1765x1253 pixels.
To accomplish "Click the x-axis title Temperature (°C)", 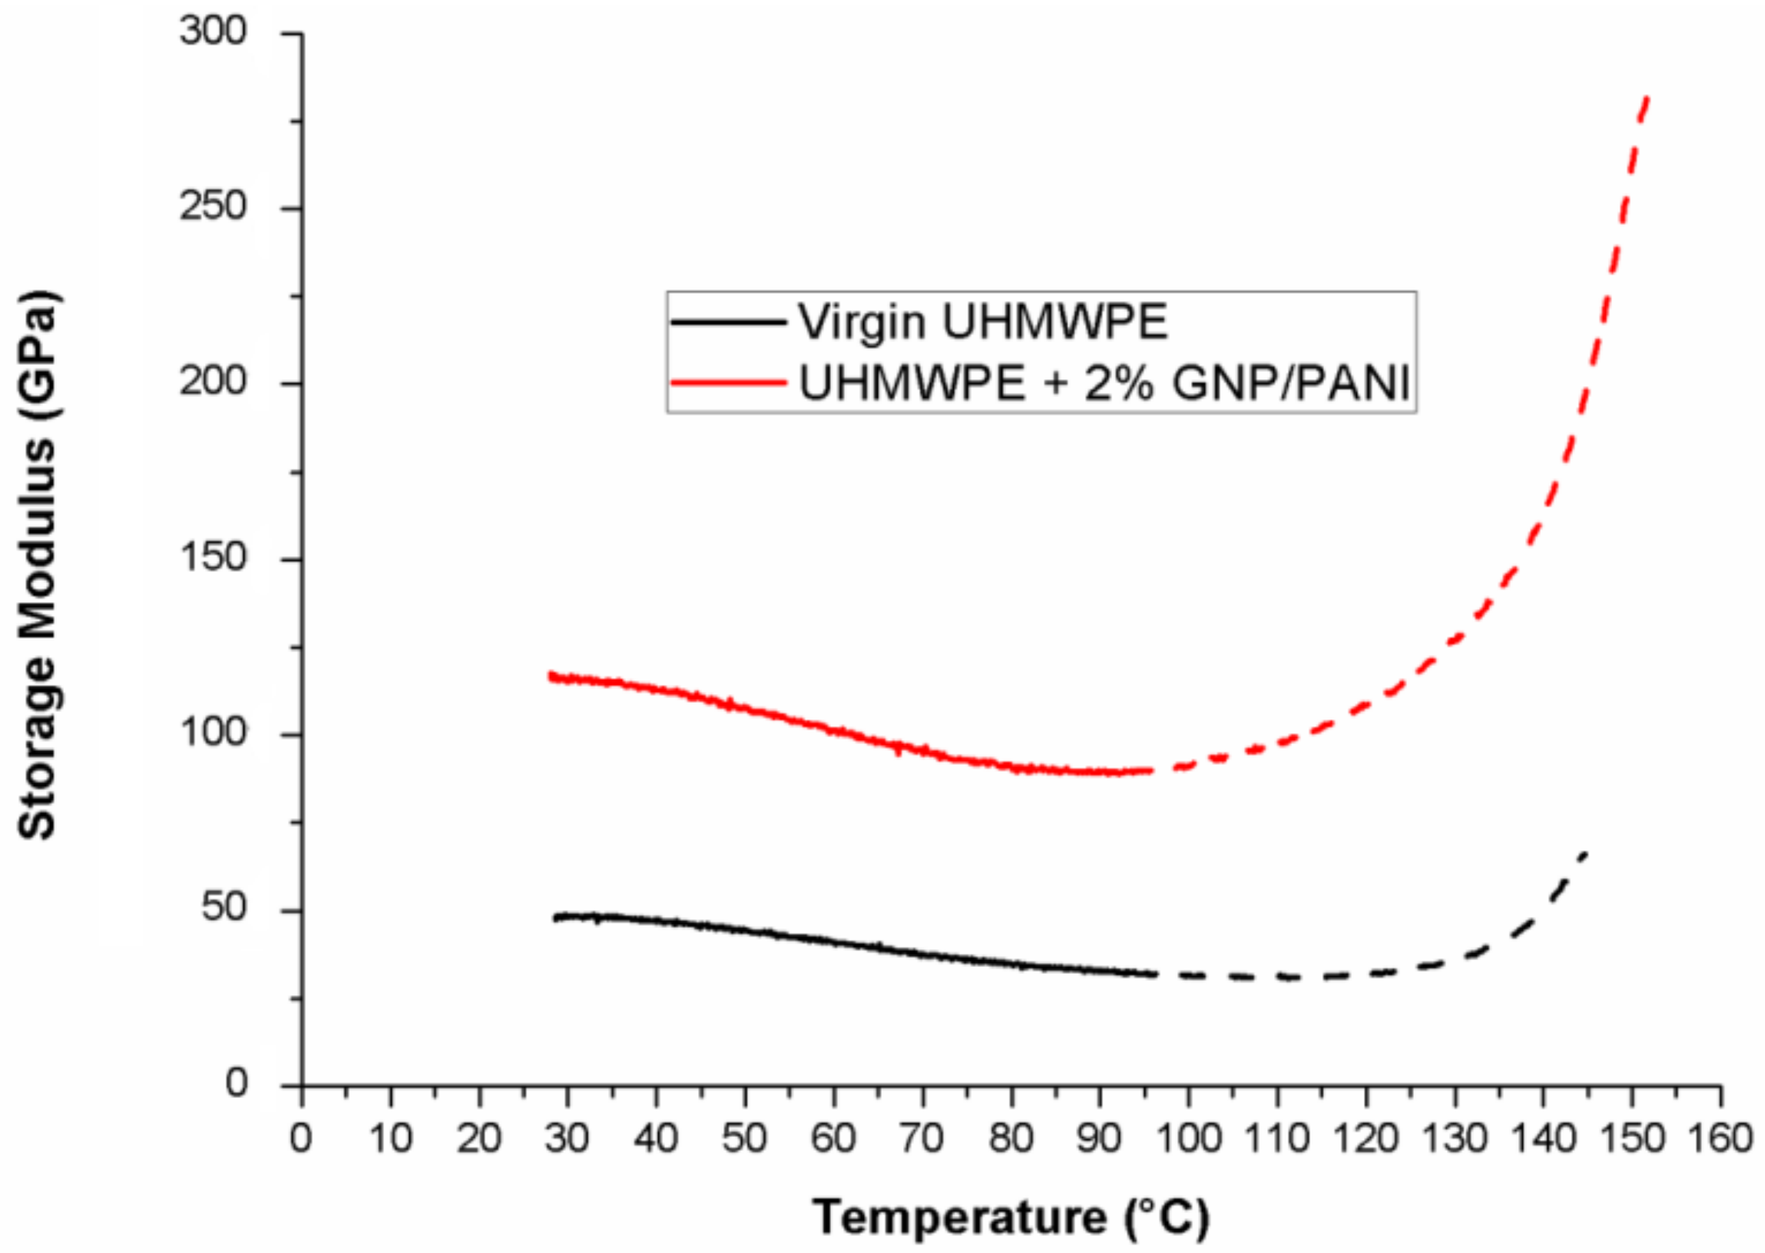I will [x=1011, y=1217].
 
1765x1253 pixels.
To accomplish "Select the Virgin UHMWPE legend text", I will [x=983, y=322].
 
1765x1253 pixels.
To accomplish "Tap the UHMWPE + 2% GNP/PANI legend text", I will [x=1105, y=382].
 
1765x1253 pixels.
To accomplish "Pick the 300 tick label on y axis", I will [x=213, y=32].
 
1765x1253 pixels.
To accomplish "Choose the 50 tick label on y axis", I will [x=224, y=908].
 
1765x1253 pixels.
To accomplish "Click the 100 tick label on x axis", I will [x=1189, y=1137].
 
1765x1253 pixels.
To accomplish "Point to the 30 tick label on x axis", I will [x=568, y=1137].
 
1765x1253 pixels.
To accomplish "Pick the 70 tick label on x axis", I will [x=923, y=1137].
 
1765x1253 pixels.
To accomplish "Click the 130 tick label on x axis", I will [x=1455, y=1137].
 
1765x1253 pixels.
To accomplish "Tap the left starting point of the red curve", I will [x=551, y=676].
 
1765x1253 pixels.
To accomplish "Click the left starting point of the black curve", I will [x=555, y=918].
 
